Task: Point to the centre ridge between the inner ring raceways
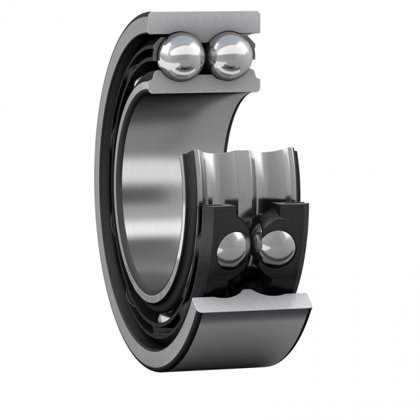(x=249, y=176)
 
